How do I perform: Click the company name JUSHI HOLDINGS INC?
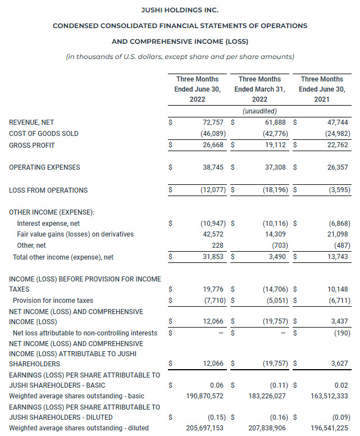(180, 10)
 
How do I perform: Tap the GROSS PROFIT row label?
(32, 146)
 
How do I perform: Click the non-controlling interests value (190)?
(340, 333)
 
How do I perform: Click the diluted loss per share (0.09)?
(339, 417)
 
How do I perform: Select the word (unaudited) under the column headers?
(259, 111)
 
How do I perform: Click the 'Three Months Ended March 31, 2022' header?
(259, 89)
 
